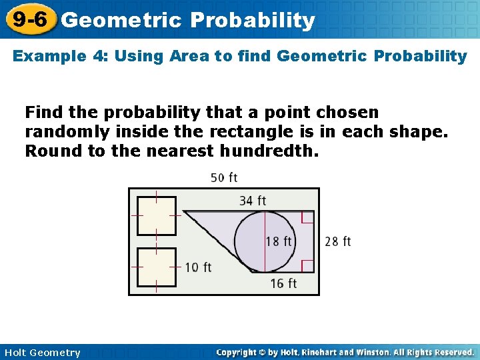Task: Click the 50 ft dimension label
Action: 224,177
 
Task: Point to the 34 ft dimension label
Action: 253,200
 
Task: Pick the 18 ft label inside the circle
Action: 279,241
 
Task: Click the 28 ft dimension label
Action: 338,241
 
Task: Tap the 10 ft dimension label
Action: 198,267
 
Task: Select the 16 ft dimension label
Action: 283,284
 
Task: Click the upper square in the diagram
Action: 157,216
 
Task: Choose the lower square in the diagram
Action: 157,267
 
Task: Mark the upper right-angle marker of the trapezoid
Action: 307,218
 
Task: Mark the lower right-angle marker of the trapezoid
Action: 307,266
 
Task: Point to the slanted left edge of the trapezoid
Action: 217,242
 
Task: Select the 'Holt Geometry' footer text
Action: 42,353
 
